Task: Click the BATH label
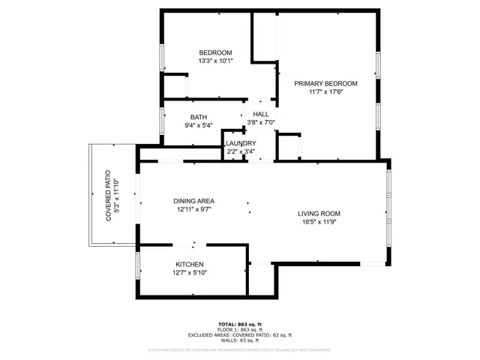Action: pyautogui.click(x=198, y=117)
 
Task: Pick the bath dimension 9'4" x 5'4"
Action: pyautogui.click(x=198, y=125)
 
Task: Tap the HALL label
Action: pyautogui.click(x=261, y=113)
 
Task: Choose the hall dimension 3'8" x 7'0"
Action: pyautogui.click(x=261, y=122)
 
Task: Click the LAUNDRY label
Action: pyautogui.click(x=241, y=143)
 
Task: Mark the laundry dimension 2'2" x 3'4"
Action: pyautogui.click(x=241, y=151)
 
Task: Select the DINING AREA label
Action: pyautogui.click(x=194, y=201)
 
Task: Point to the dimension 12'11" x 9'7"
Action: pyautogui.click(x=194, y=210)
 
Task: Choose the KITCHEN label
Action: pyautogui.click(x=190, y=265)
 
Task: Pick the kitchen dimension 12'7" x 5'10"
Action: pyautogui.click(x=190, y=273)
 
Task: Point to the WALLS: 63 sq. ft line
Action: pyautogui.click(x=240, y=340)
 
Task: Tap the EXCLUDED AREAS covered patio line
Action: pyautogui.click(x=240, y=335)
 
